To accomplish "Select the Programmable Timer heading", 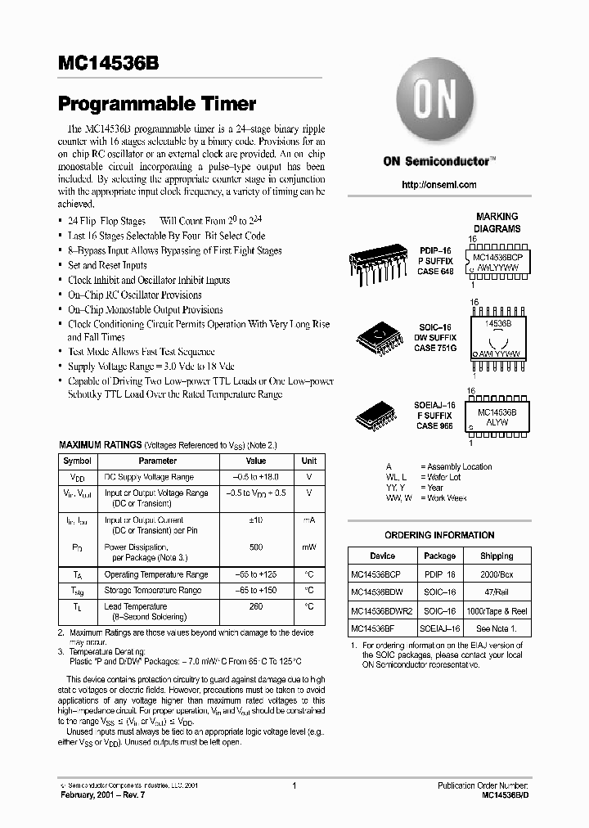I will (x=157, y=104).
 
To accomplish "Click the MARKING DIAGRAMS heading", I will (x=497, y=223).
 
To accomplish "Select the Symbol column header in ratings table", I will (x=78, y=461).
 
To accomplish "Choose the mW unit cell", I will (x=309, y=547).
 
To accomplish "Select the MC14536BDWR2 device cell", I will (x=382, y=611).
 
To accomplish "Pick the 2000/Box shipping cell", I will (x=497, y=574).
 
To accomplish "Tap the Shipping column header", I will (x=497, y=556).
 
